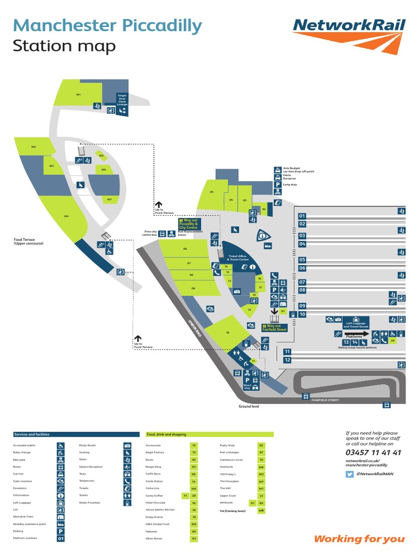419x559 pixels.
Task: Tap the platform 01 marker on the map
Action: pos(302,216)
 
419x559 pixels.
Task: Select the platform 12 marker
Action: pos(288,360)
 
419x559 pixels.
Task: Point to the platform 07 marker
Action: pos(302,282)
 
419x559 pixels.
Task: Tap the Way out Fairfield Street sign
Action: pos(274,328)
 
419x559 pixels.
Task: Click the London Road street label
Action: pos(195,326)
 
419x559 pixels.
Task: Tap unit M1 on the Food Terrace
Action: pos(79,94)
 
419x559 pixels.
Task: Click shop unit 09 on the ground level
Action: pos(193,288)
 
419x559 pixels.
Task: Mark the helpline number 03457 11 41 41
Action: pos(373,453)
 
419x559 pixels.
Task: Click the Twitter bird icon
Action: pos(350,474)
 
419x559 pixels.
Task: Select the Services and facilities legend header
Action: pos(32,435)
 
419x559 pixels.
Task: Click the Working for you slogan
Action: pos(359,539)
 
